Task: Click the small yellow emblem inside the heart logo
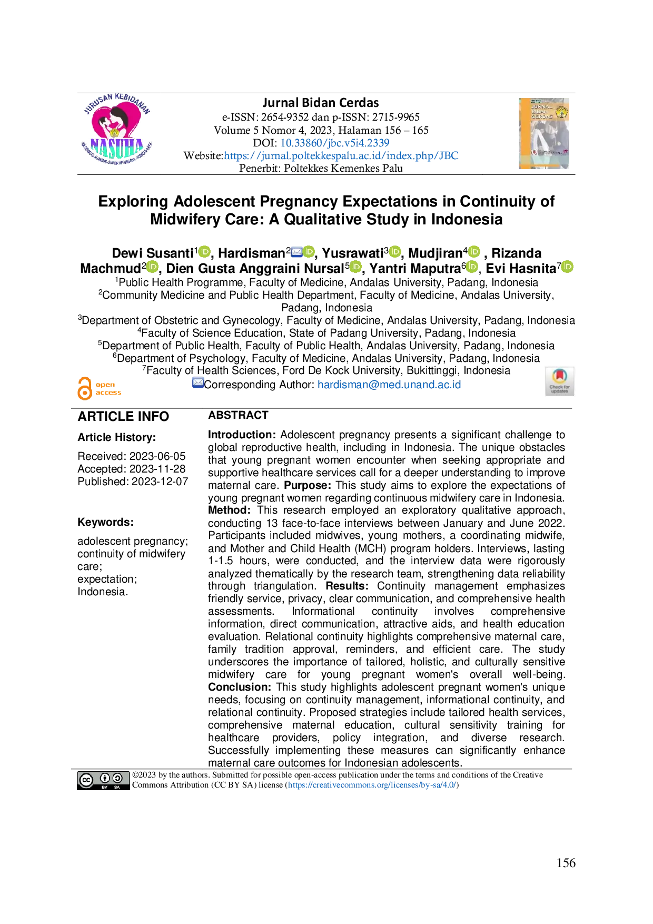(x=114, y=132)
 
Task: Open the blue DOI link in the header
(x=335, y=142)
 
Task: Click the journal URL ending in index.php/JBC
(x=341, y=155)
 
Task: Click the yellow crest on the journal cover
(x=562, y=111)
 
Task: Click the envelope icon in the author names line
(x=296, y=252)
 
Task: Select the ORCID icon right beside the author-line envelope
(x=309, y=252)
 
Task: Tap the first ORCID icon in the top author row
(x=204, y=252)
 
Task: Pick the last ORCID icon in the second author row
(x=567, y=267)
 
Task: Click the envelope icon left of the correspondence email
(x=198, y=383)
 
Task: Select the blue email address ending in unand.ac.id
(x=390, y=385)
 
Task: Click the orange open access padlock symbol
(x=84, y=388)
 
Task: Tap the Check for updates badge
(x=560, y=381)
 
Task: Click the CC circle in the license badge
(x=86, y=780)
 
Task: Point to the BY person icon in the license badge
(x=104, y=778)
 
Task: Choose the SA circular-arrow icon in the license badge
(x=117, y=778)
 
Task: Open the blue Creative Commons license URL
(x=372, y=785)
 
